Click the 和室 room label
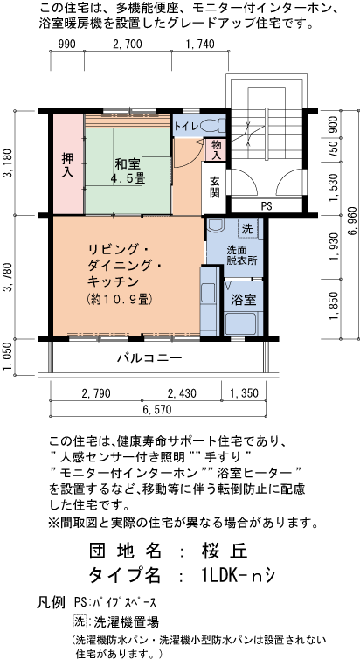pyautogui.click(x=128, y=163)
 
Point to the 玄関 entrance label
pyautogui.click(x=214, y=187)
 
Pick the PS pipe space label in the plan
pyautogui.click(x=266, y=206)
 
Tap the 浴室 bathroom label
pyautogui.click(x=242, y=300)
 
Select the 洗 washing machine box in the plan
pyautogui.click(x=247, y=228)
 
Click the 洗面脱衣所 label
pyautogui.click(x=241, y=255)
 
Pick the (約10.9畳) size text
pyautogui.click(x=121, y=299)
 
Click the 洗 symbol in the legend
pyautogui.click(x=80, y=622)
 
